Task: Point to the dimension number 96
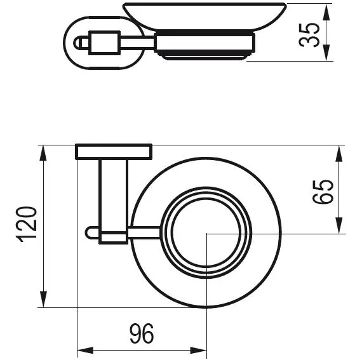pos(141,332)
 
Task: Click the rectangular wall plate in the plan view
pos(114,152)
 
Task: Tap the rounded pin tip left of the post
pos(90,233)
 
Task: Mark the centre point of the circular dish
pos(207,234)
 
